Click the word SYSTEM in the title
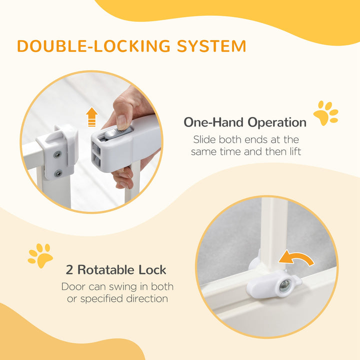(x=211, y=45)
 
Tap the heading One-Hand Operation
(x=245, y=122)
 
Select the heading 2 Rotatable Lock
(x=116, y=270)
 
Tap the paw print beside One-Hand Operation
(x=325, y=113)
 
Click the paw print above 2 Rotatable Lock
(x=40, y=255)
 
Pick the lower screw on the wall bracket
(x=58, y=173)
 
